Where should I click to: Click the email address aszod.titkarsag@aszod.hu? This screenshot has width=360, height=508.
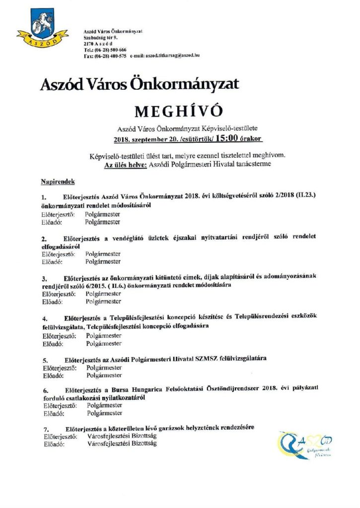tap(172, 57)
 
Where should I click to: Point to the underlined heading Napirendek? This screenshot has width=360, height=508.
tap(58, 183)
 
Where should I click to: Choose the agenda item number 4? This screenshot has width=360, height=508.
tap(44, 317)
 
